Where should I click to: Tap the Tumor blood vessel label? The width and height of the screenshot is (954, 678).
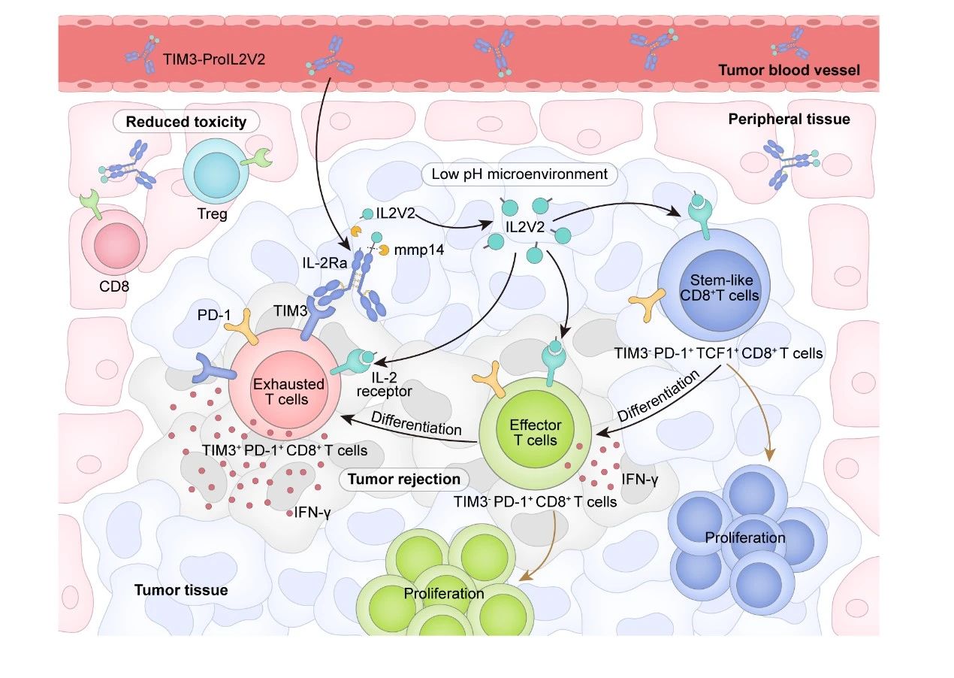[789, 71]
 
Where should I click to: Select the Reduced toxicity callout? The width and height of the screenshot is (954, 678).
[186, 122]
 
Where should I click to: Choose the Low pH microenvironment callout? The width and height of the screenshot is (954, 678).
[520, 174]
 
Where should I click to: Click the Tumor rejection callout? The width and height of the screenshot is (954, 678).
[404, 479]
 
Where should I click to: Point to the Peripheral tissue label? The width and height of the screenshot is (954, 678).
[789, 119]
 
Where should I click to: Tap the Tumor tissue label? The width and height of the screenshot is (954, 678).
[181, 589]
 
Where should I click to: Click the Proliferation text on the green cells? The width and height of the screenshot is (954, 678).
[444, 593]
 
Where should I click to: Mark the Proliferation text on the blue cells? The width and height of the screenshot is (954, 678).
[745, 537]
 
